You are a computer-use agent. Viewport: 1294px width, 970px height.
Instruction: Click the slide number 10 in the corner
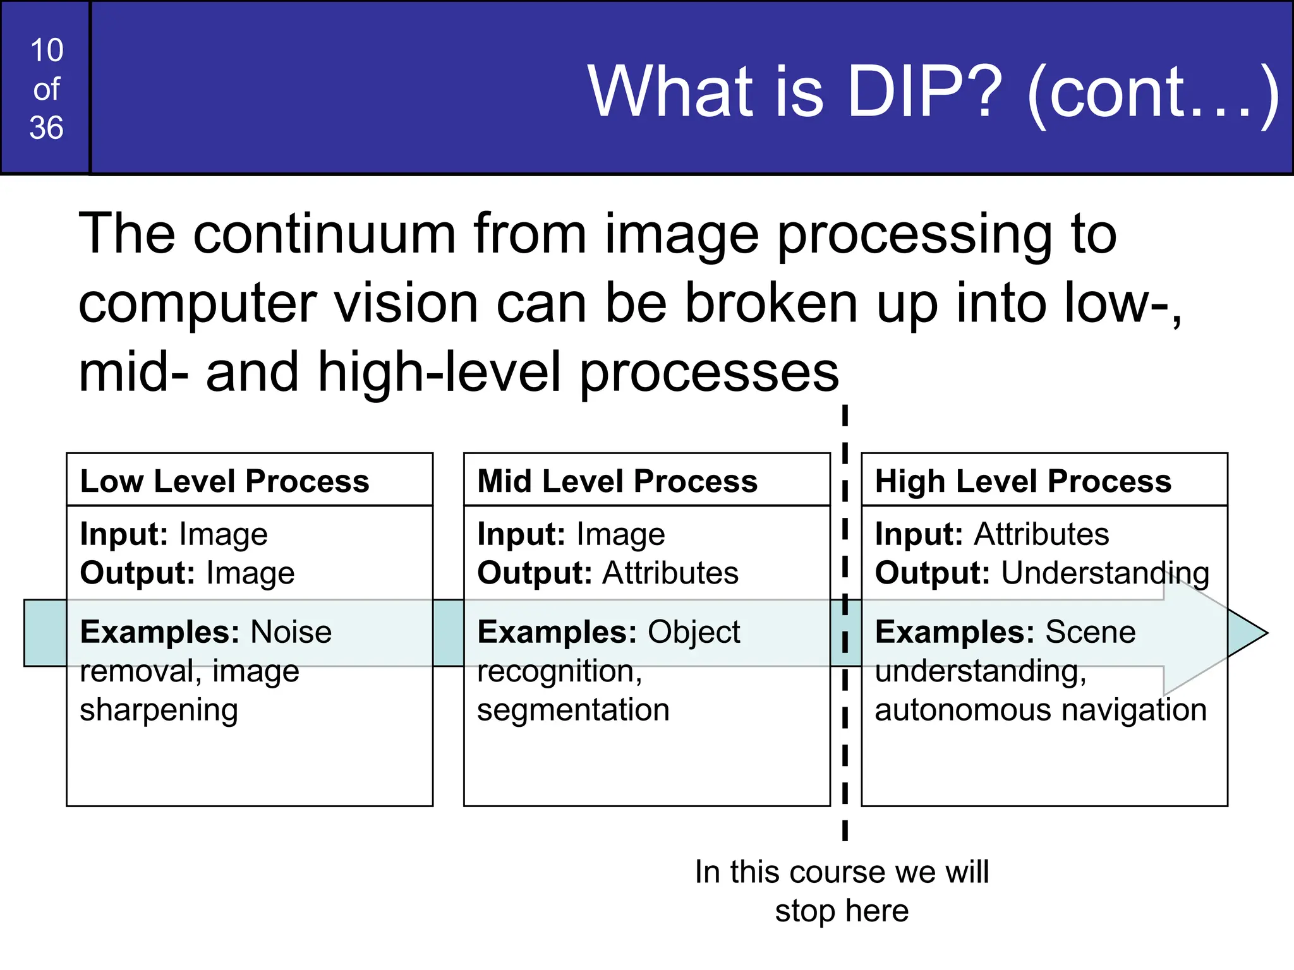47,51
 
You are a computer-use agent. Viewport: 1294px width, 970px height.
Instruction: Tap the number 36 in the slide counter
47,128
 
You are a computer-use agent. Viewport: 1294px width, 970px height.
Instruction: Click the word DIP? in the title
923,92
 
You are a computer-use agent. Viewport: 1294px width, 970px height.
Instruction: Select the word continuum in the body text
324,234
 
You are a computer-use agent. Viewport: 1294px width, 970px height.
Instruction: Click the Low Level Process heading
224,481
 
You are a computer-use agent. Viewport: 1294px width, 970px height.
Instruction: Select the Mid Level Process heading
617,481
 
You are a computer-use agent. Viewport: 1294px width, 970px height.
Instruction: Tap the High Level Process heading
1022,481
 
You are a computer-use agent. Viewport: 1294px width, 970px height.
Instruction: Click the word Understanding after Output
1105,573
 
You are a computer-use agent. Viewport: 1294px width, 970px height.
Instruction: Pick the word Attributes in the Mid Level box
670,573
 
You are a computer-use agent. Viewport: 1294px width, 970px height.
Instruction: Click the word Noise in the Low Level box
291,632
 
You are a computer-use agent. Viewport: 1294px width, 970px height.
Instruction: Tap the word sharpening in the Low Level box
159,710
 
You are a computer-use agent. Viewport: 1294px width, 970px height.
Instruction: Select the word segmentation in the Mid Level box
573,710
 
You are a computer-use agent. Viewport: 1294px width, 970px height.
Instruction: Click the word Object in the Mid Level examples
693,632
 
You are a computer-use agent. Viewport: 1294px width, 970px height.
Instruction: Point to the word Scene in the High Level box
1091,632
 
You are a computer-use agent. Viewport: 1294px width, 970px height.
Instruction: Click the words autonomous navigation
1041,710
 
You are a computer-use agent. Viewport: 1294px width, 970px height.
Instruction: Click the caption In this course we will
842,872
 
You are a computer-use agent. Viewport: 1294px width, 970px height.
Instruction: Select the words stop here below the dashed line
842,911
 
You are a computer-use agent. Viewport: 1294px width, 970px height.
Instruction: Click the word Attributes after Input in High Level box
1041,534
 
